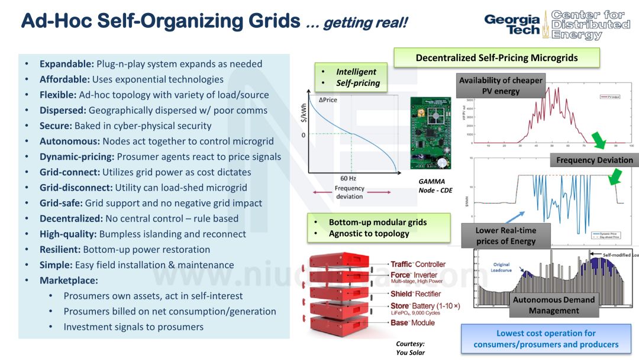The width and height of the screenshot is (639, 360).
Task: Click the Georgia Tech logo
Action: [512, 25]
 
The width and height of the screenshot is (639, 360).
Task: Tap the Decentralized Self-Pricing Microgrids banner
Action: [496, 58]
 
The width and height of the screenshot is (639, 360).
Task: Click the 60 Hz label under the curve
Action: [349, 178]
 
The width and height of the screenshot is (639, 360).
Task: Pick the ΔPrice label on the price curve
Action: [328, 100]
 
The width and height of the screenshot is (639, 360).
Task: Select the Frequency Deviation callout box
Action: [594, 160]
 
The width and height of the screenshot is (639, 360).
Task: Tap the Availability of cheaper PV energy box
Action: [501, 86]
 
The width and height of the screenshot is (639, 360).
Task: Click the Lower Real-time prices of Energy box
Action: [505, 236]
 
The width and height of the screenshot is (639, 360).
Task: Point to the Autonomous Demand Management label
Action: [553, 305]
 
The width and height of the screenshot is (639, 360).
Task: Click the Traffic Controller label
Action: [418, 264]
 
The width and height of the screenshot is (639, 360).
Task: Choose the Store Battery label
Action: [425, 306]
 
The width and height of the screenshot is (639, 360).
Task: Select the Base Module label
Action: [412, 323]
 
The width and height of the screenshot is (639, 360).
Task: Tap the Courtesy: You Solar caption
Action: [410, 348]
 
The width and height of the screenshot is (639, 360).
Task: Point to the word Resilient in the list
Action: [60, 249]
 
